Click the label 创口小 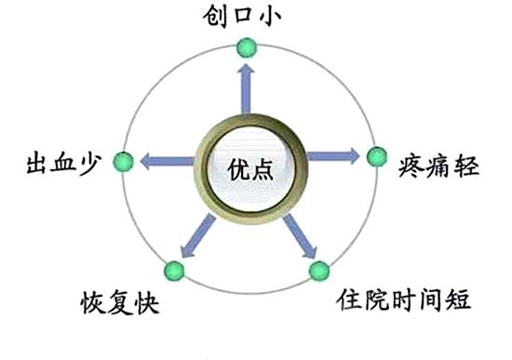[x=248, y=16]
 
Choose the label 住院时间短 [x=404, y=301]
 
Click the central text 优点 [x=249, y=167]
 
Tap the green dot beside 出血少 [x=122, y=162]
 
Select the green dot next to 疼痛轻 [x=375, y=156]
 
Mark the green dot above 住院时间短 [x=318, y=272]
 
